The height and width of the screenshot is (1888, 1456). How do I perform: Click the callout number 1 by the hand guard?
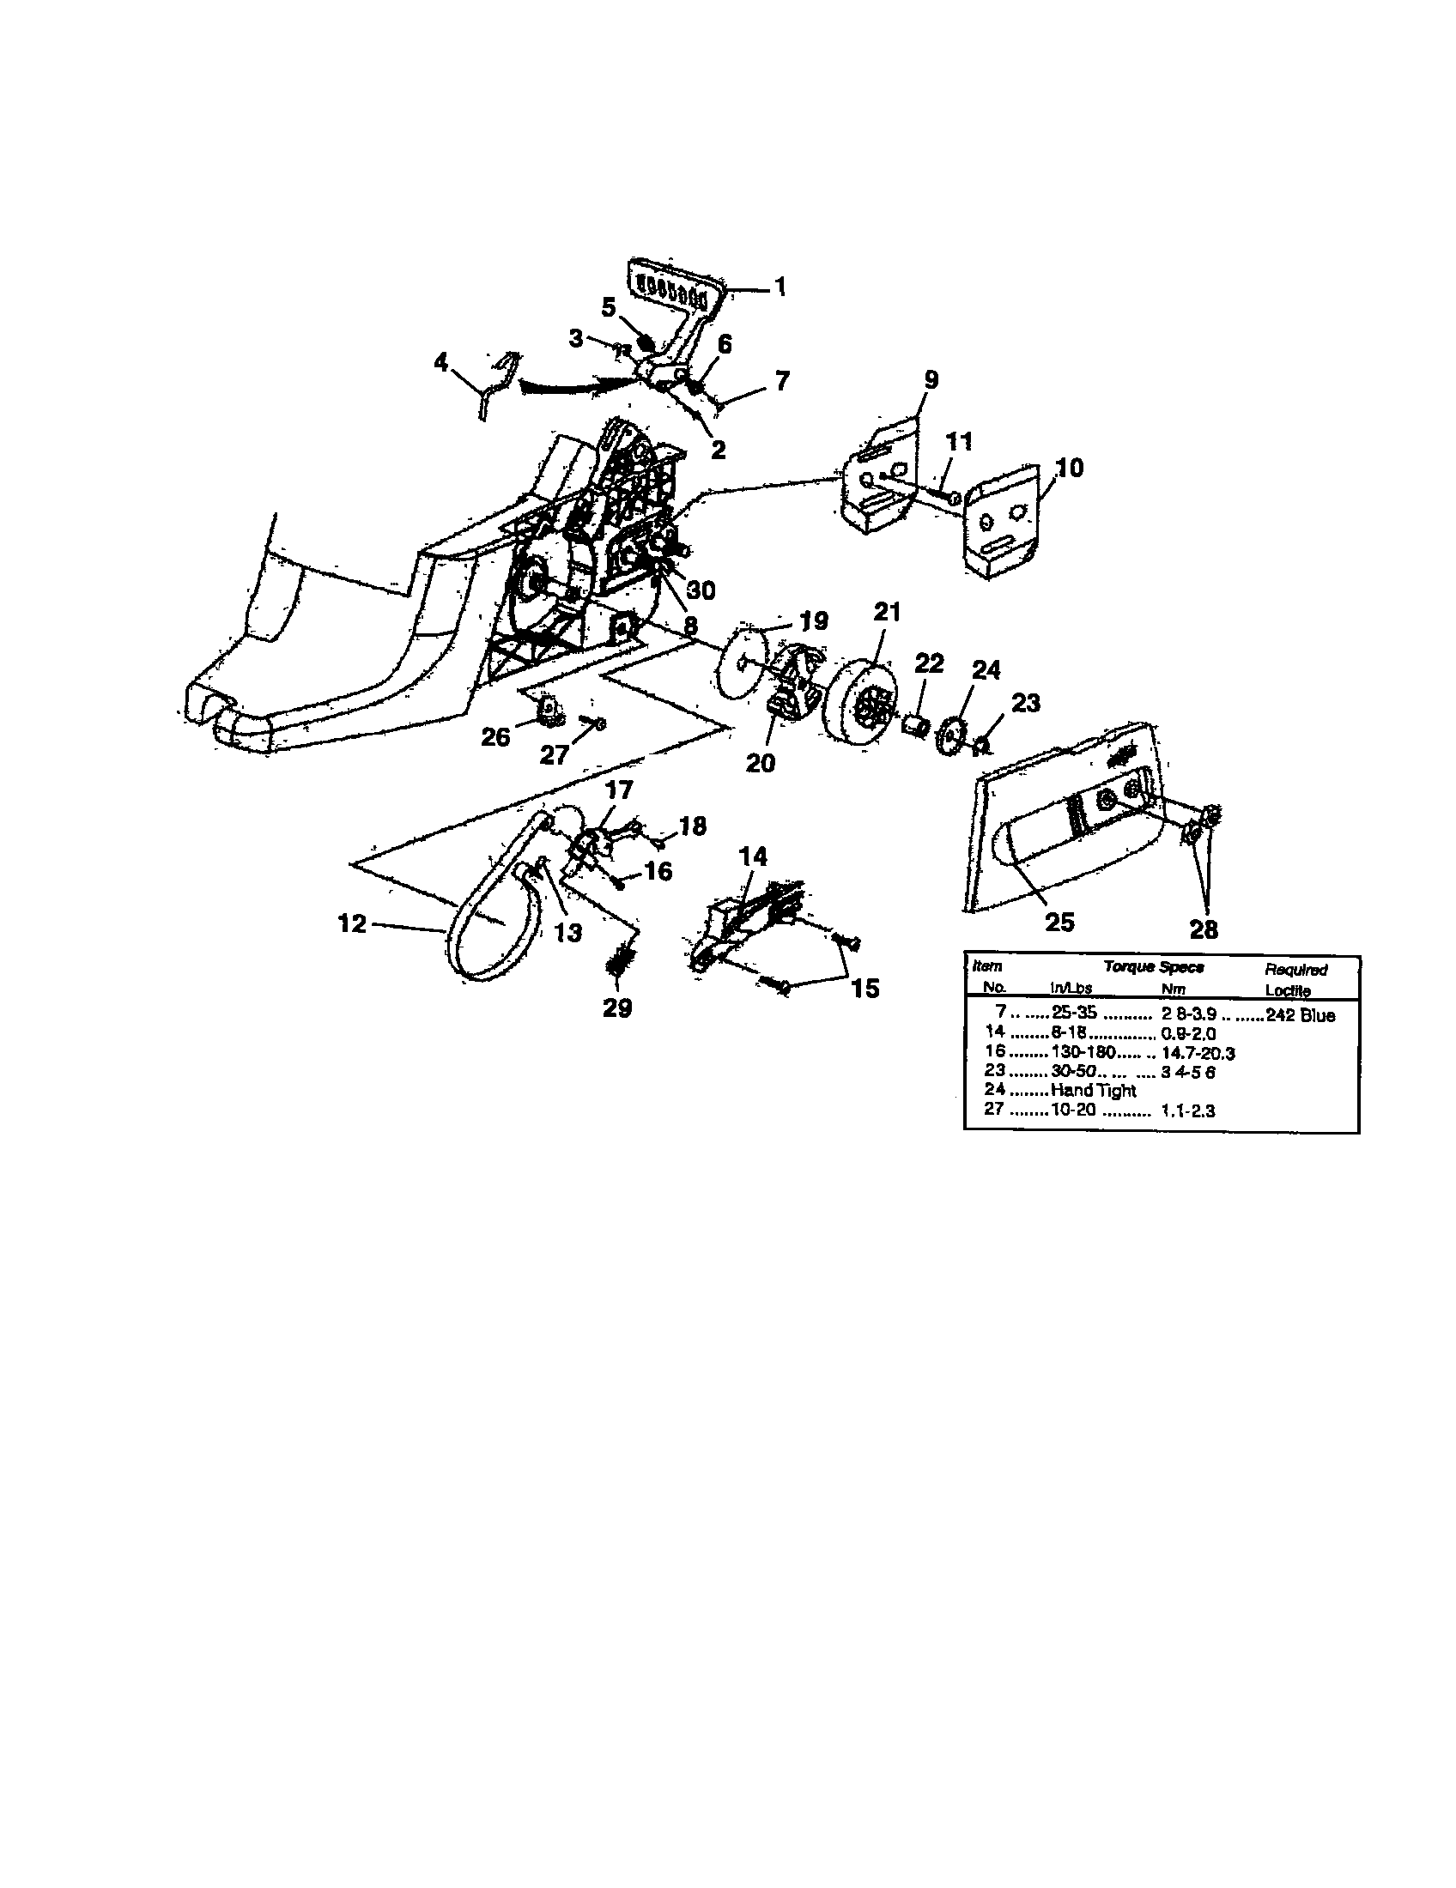(x=780, y=286)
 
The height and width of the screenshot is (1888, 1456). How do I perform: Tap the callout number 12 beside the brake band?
(x=352, y=923)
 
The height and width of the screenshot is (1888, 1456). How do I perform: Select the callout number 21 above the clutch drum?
(x=887, y=612)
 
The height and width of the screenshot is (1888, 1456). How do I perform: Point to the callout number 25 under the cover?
(x=1059, y=923)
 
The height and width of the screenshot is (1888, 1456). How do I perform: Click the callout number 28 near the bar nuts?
(x=1204, y=929)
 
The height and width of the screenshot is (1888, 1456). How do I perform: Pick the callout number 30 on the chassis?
(x=701, y=590)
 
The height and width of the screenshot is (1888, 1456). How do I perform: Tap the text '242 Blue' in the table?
(x=1300, y=1015)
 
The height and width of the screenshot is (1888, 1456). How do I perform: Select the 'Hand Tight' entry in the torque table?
(x=1093, y=1091)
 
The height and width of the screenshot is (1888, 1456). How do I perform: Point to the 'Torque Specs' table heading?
(x=1154, y=967)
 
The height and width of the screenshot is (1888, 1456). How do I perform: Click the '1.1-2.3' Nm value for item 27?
(x=1188, y=1110)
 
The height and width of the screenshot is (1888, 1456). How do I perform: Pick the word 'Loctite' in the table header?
(x=1288, y=990)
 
